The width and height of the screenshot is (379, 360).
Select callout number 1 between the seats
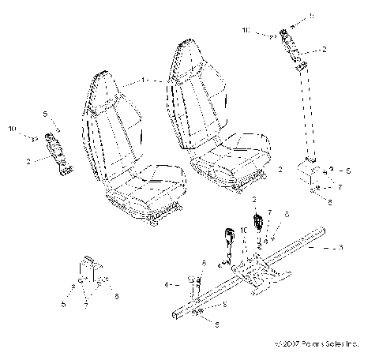tap(143, 81)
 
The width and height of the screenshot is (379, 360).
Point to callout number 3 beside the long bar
tap(340, 248)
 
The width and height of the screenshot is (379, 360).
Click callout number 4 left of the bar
tap(167, 283)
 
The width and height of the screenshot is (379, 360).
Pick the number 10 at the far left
tap(12, 127)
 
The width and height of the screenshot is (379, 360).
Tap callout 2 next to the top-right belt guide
tap(325, 50)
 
